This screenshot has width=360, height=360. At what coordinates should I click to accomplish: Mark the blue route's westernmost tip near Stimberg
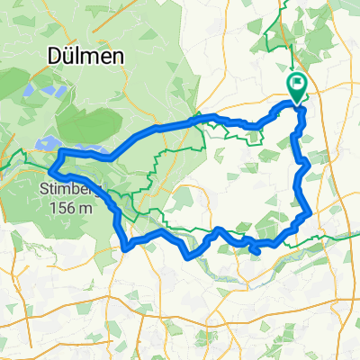pos(49,167)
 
